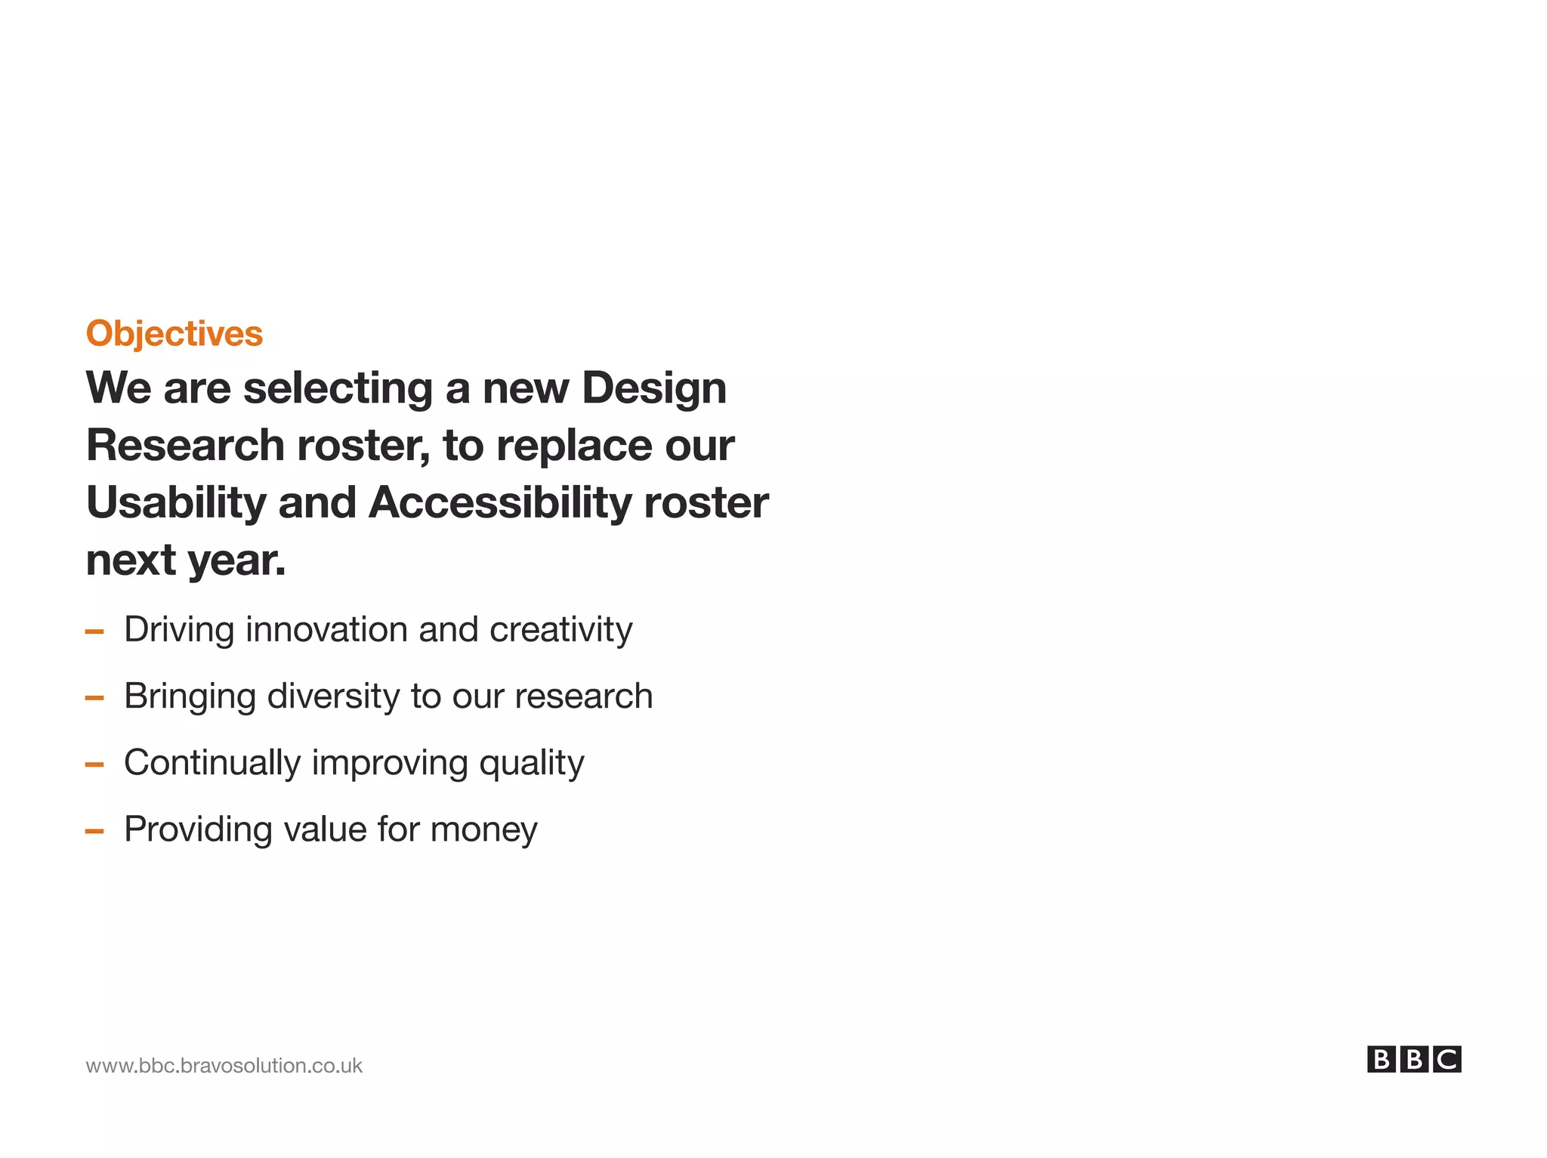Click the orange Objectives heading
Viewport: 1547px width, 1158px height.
coord(174,334)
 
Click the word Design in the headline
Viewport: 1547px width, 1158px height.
coord(654,388)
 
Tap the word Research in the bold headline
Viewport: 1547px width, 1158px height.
coord(185,445)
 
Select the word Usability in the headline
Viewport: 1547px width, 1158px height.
coord(176,503)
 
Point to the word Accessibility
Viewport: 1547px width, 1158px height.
coord(499,503)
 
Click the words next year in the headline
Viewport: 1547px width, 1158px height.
coord(186,560)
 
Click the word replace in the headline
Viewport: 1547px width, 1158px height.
coord(574,445)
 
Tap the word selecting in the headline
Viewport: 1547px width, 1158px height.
coord(338,388)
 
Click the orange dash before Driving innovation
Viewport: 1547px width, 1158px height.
coord(94,631)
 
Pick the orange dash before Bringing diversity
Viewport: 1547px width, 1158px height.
coord(94,698)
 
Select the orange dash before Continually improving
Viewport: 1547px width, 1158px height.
coord(94,764)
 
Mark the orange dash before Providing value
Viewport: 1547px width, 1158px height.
coord(94,831)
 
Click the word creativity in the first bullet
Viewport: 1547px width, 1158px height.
coord(560,630)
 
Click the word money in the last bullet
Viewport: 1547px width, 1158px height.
coord(483,829)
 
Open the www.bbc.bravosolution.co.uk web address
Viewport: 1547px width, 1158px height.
coord(224,1066)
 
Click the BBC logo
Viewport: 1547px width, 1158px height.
coord(1413,1060)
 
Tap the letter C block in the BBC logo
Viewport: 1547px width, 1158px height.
coord(1447,1060)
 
